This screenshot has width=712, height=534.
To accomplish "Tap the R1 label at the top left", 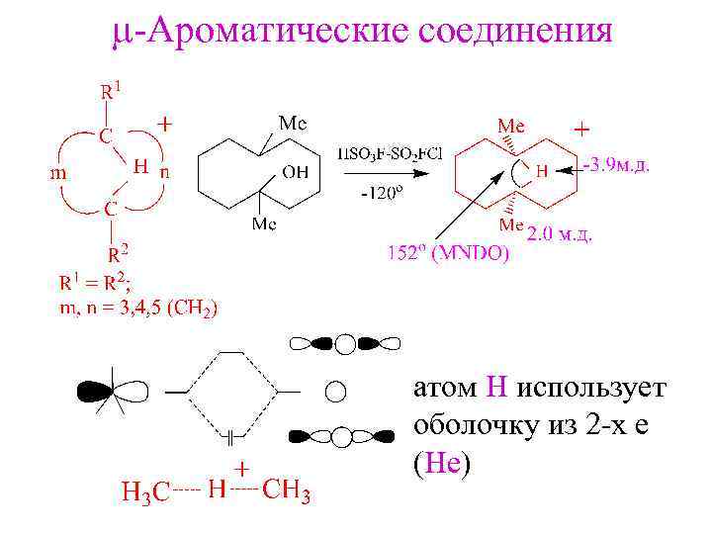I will coord(111,90).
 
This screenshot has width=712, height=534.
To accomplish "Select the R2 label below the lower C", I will coord(118,250).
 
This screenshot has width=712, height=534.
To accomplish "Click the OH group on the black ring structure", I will coord(295,172).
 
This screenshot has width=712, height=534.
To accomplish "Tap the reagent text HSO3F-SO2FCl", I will coord(390,153).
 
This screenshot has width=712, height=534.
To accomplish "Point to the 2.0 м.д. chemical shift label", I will coord(561,234).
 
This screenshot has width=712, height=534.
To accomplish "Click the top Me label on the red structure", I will coord(511,127).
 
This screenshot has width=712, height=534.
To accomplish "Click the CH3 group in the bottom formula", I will coord(288,489).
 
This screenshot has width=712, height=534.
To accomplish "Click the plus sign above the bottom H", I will coord(240,466).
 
